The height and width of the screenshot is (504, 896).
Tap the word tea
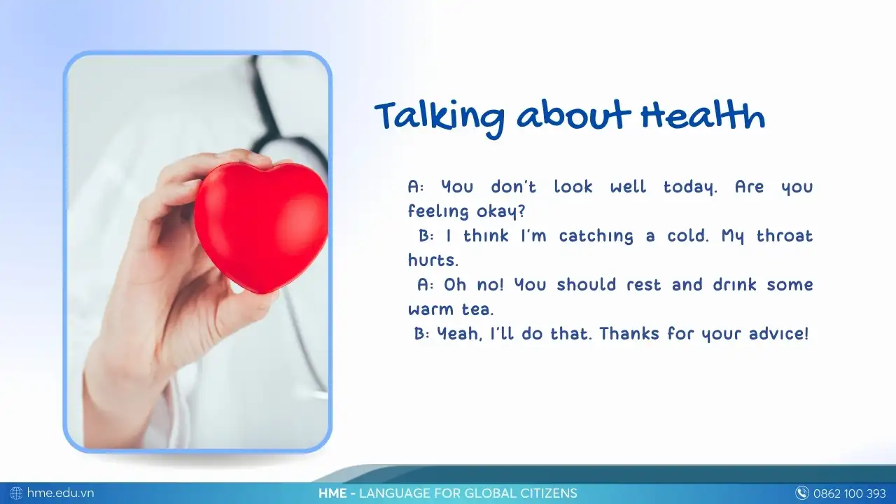click(x=478, y=309)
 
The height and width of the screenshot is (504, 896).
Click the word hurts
click(x=433, y=260)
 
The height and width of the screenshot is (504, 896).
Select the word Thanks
click(x=629, y=334)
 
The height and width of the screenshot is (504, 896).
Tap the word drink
click(x=735, y=285)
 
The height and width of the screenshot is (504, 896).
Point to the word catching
click(x=596, y=237)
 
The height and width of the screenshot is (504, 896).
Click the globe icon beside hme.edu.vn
click(x=16, y=493)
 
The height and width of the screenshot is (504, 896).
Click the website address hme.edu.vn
click(x=60, y=493)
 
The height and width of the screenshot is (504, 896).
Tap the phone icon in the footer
click(x=802, y=493)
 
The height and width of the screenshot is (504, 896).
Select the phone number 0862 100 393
click(x=850, y=493)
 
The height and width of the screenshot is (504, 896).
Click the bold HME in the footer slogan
click(x=332, y=493)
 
